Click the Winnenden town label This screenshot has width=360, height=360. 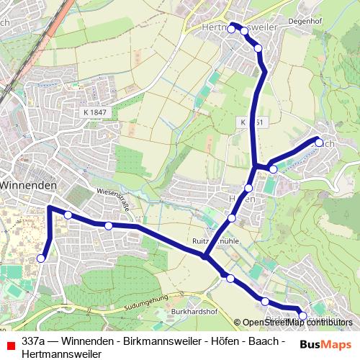click(x=29, y=185)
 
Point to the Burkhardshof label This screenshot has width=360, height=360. click(x=194, y=312)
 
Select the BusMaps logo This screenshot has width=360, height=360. click(x=325, y=343)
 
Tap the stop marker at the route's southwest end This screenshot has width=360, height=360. click(x=41, y=258)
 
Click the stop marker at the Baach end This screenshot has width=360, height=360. click(x=319, y=141)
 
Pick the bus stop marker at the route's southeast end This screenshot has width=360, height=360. click(x=302, y=315)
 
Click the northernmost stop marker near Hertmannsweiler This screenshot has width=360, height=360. click(x=231, y=30)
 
